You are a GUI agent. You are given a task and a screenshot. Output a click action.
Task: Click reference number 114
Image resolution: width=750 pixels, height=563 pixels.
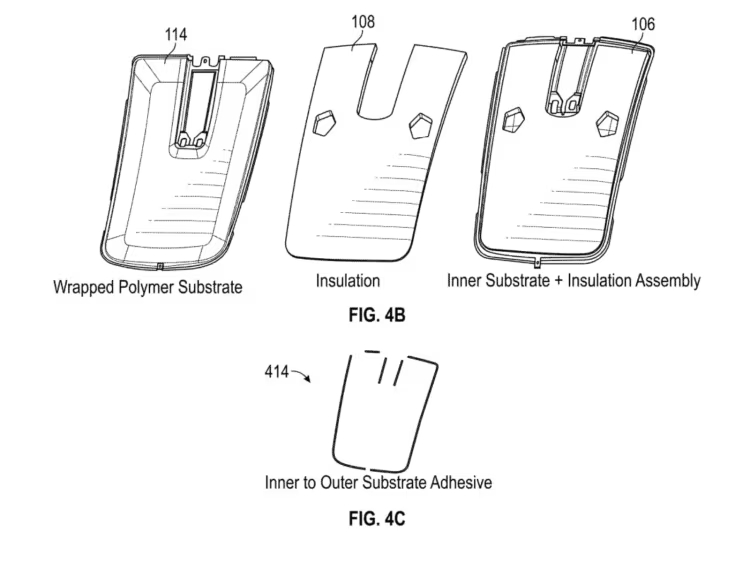[176, 35]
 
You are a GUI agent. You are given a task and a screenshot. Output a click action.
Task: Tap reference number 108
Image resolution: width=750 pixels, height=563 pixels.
[362, 19]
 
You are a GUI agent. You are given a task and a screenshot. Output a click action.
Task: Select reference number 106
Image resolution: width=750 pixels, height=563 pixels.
[643, 24]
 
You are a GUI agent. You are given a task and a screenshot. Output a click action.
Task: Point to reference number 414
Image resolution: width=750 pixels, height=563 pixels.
[277, 372]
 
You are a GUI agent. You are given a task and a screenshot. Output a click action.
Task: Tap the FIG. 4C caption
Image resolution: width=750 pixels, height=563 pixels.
[376, 518]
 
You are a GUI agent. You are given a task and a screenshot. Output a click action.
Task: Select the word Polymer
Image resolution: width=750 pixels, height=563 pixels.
[151, 287]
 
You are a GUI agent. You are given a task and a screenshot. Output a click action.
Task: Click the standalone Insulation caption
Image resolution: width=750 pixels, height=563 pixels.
[348, 281]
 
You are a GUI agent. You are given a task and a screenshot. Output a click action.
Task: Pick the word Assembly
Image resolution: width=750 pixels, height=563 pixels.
[666, 281]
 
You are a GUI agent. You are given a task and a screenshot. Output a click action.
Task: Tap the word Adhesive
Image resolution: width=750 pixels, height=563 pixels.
[458, 483]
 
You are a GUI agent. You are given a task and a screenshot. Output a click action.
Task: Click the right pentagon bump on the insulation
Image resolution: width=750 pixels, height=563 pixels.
[421, 124]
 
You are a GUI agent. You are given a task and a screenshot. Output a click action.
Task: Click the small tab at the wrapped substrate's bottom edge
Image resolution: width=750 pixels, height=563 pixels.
[160, 266]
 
